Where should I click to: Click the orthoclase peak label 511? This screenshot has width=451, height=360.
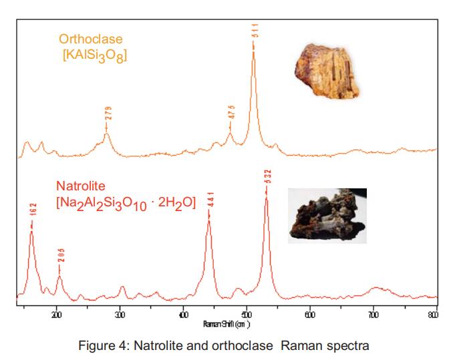(255, 31)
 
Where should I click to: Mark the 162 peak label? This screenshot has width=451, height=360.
(31, 212)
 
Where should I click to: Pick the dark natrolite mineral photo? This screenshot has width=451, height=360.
(327, 215)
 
